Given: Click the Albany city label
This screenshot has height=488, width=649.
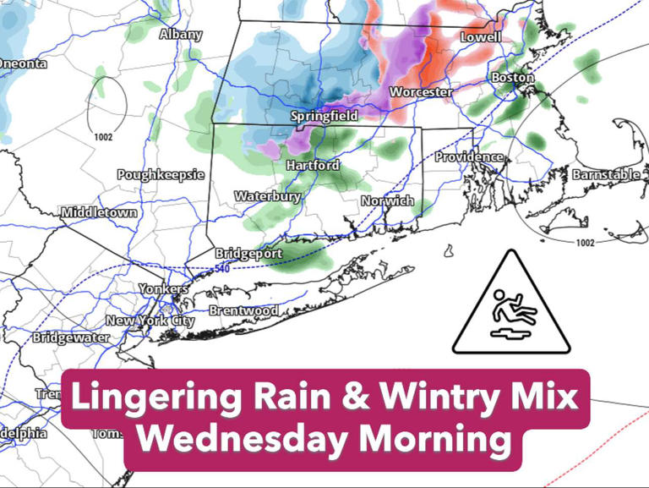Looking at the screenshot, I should coord(181,35).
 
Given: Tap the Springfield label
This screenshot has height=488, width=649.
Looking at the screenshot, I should coord(324,116).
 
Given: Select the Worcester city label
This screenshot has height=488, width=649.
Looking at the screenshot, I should coord(421,91).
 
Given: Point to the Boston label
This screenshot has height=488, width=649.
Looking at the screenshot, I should coord(513,78).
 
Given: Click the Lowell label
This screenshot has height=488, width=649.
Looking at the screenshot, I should coord(480,37).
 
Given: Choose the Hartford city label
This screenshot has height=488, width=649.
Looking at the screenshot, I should coord(312,165).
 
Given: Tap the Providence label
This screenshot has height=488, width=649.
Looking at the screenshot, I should coord(469,157).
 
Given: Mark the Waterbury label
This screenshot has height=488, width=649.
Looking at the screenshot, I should coord(267,196).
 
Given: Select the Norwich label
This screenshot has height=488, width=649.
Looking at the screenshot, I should coord(387,201).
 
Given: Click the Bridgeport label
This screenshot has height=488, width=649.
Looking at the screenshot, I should coord(248,253).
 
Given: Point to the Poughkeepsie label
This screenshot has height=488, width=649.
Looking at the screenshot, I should coord(161,174).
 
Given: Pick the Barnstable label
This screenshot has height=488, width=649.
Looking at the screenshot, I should coord(606,174).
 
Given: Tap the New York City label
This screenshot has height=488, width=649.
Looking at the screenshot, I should coord(150,321).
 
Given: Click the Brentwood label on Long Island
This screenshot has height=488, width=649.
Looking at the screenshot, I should coord(243,311).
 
